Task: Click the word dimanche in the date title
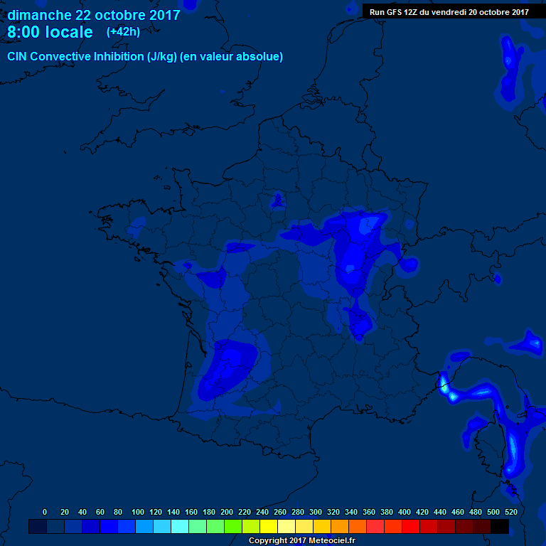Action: pyautogui.click(x=39, y=15)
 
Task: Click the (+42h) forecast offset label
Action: pyautogui.click(x=123, y=32)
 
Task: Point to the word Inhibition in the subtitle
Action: pyautogui.click(x=117, y=57)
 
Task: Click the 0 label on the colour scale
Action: pyautogui.click(x=45, y=512)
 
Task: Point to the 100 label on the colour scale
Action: pyautogui.click(x=138, y=512)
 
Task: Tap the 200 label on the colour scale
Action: pyautogui.click(x=227, y=512)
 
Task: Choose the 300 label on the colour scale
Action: pyautogui.click(x=316, y=512)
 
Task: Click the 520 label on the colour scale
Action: pyautogui.click(x=511, y=512)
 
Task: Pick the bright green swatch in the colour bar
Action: pyautogui.click(x=233, y=527)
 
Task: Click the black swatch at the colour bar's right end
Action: pyautogui.click(x=500, y=527)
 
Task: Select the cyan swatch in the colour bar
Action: pyautogui.click(x=180, y=527)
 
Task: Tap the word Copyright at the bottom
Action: pyautogui.click(x=268, y=541)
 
